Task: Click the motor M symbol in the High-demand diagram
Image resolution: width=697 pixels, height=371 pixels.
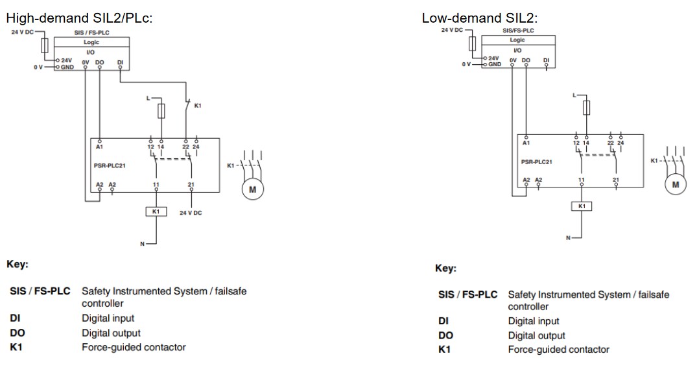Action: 252,189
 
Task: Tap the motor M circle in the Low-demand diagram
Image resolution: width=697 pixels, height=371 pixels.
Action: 676,184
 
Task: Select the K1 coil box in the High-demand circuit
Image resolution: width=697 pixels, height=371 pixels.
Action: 156,211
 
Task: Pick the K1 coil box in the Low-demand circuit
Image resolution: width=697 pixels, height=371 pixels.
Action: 581,206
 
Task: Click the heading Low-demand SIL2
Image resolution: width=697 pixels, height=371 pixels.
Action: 480,18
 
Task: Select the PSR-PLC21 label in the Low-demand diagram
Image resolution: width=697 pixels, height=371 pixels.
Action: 537,162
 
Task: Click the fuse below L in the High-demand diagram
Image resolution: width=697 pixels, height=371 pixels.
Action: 161,112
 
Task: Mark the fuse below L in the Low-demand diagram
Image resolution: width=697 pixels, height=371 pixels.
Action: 586,108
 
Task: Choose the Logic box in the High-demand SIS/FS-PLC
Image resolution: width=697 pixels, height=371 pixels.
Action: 92,42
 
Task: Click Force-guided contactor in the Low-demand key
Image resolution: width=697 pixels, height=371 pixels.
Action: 558,350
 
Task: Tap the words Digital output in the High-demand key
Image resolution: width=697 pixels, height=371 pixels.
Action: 110,333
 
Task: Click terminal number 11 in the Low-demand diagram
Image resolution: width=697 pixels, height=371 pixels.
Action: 581,179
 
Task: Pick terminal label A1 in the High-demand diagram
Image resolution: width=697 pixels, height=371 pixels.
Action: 99,147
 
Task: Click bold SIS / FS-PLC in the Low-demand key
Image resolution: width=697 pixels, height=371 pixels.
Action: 467,294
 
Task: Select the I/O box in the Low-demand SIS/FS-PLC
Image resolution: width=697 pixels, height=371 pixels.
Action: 517,50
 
